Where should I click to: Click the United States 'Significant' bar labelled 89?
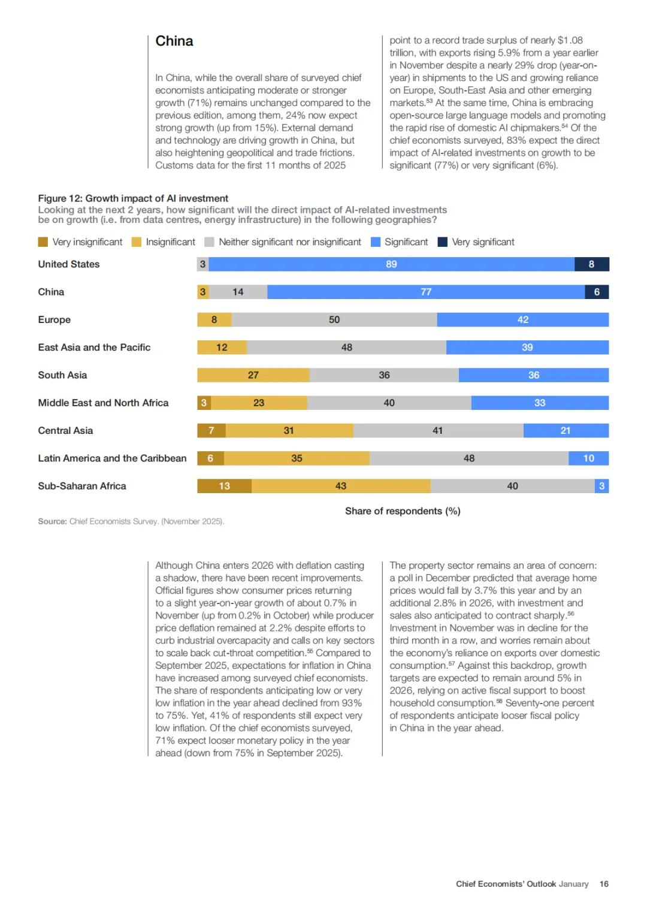coord(391,264)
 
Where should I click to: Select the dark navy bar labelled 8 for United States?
coord(591,264)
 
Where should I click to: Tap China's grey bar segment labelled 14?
coord(238,292)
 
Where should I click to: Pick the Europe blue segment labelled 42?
coord(522,320)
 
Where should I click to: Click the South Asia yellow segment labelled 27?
coord(253,375)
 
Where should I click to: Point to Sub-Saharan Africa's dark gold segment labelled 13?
coord(224,486)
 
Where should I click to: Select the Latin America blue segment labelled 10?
coord(588,458)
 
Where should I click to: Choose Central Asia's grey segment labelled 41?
coord(438,431)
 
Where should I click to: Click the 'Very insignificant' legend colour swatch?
coord(43,242)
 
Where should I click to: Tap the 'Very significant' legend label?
coord(483,242)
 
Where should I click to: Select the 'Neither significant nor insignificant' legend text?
coord(290,242)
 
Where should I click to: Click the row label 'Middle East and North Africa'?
coord(103,403)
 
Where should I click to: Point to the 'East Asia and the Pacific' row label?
coord(94,348)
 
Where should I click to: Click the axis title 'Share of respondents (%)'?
coord(403,511)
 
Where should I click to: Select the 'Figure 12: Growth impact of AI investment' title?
coord(133,198)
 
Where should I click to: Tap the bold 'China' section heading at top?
coord(174,41)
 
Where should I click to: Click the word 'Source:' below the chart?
coord(52,522)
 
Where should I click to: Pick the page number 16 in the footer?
coord(604,884)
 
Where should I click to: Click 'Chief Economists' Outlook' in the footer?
coord(506,884)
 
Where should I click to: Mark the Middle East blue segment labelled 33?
coord(540,403)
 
